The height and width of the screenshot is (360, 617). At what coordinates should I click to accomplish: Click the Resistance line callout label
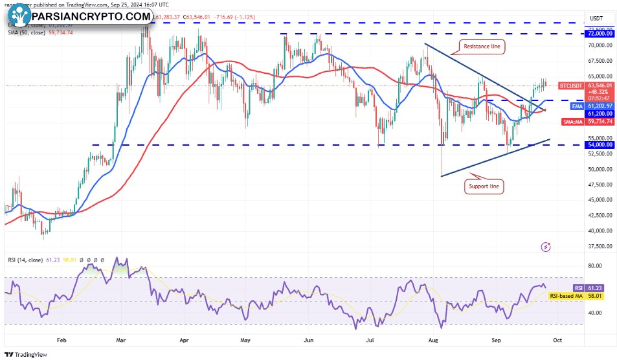482,47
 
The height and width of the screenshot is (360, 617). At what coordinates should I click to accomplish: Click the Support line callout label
484,186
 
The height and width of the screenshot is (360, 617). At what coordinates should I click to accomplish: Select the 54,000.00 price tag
598,145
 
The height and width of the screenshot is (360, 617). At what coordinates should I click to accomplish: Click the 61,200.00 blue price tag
598,113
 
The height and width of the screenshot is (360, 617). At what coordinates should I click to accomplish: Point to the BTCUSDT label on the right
571,85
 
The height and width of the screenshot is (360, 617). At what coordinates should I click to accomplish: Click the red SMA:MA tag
570,121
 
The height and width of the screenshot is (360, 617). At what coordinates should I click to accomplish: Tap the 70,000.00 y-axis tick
598,45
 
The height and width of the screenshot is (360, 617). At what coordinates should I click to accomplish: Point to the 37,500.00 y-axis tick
598,246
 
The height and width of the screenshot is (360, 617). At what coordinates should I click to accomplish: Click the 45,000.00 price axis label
598,199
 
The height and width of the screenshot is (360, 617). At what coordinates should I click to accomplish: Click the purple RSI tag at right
578,287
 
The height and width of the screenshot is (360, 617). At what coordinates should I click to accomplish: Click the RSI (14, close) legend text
24,260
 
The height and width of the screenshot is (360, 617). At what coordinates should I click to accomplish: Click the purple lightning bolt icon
546,247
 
